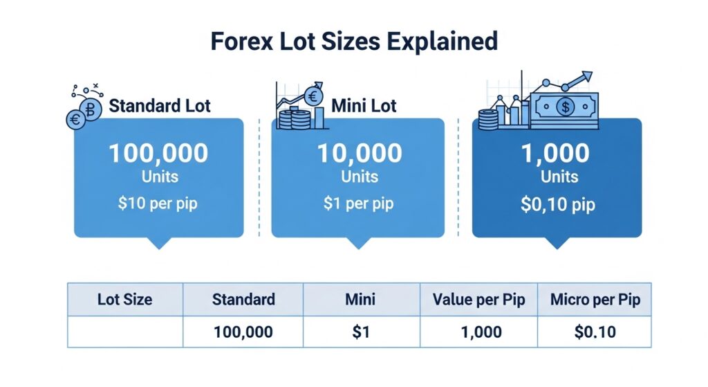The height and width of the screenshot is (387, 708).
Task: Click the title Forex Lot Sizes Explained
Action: click(354, 41)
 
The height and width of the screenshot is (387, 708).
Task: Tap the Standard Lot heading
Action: click(160, 107)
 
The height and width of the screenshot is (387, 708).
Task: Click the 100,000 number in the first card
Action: click(159, 154)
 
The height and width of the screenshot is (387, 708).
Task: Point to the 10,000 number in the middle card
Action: click(359, 154)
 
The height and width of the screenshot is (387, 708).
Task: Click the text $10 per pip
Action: click(159, 204)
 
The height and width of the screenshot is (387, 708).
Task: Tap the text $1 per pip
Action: click(359, 204)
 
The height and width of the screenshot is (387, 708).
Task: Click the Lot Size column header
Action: click(125, 300)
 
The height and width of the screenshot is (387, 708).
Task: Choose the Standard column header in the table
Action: click(243, 300)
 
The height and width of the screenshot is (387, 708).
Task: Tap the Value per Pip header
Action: click(479, 300)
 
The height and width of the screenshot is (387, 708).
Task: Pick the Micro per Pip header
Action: click(595, 300)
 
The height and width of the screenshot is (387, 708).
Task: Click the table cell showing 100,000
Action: click(243, 332)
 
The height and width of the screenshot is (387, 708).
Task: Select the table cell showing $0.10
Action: click(595, 332)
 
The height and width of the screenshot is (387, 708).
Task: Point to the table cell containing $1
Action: click(362, 332)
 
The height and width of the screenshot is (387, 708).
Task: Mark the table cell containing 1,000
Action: click(479, 332)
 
